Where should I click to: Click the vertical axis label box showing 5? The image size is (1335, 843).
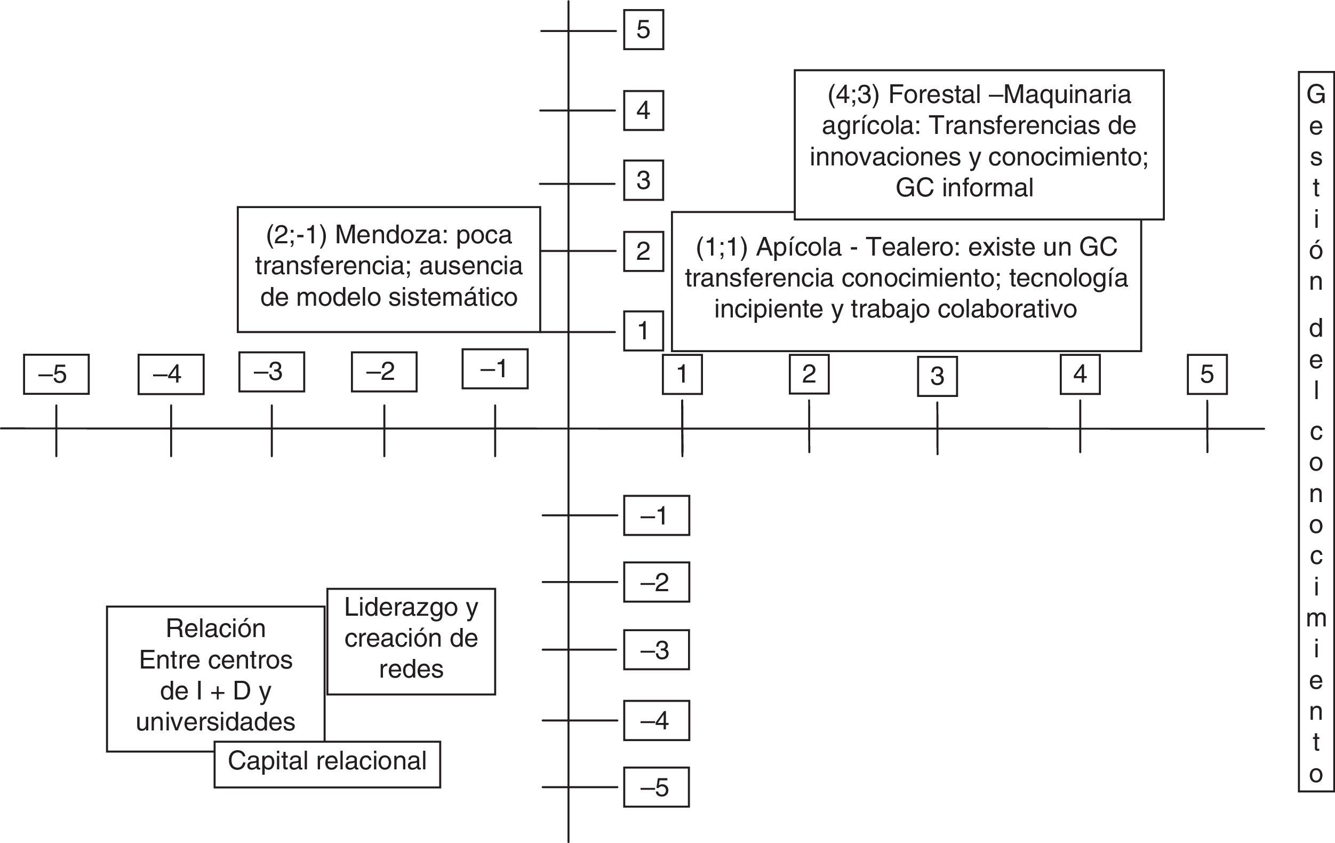(643, 30)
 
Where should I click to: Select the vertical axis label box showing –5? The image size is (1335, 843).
(656, 787)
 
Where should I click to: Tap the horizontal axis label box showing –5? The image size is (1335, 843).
(56, 375)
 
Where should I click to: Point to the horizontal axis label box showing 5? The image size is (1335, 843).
(1207, 375)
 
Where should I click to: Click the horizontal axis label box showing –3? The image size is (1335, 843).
(271, 371)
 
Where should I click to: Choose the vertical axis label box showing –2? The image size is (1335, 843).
(656, 582)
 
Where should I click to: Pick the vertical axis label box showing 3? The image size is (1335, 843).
(643, 180)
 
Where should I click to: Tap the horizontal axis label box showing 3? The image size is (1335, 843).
(937, 377)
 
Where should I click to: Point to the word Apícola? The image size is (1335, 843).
(798, 247)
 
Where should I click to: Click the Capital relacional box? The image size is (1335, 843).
(327, 764)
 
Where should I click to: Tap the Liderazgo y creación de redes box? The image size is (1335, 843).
(411, 641)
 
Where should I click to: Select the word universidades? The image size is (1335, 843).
(215, 721)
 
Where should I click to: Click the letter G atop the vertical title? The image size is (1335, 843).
(1316, 94)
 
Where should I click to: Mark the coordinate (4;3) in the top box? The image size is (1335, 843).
(853, 94)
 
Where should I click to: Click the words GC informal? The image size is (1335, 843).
(964, 187)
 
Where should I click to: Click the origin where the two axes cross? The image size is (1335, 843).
(568, 428)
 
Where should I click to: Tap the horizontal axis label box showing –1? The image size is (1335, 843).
(494, 369)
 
